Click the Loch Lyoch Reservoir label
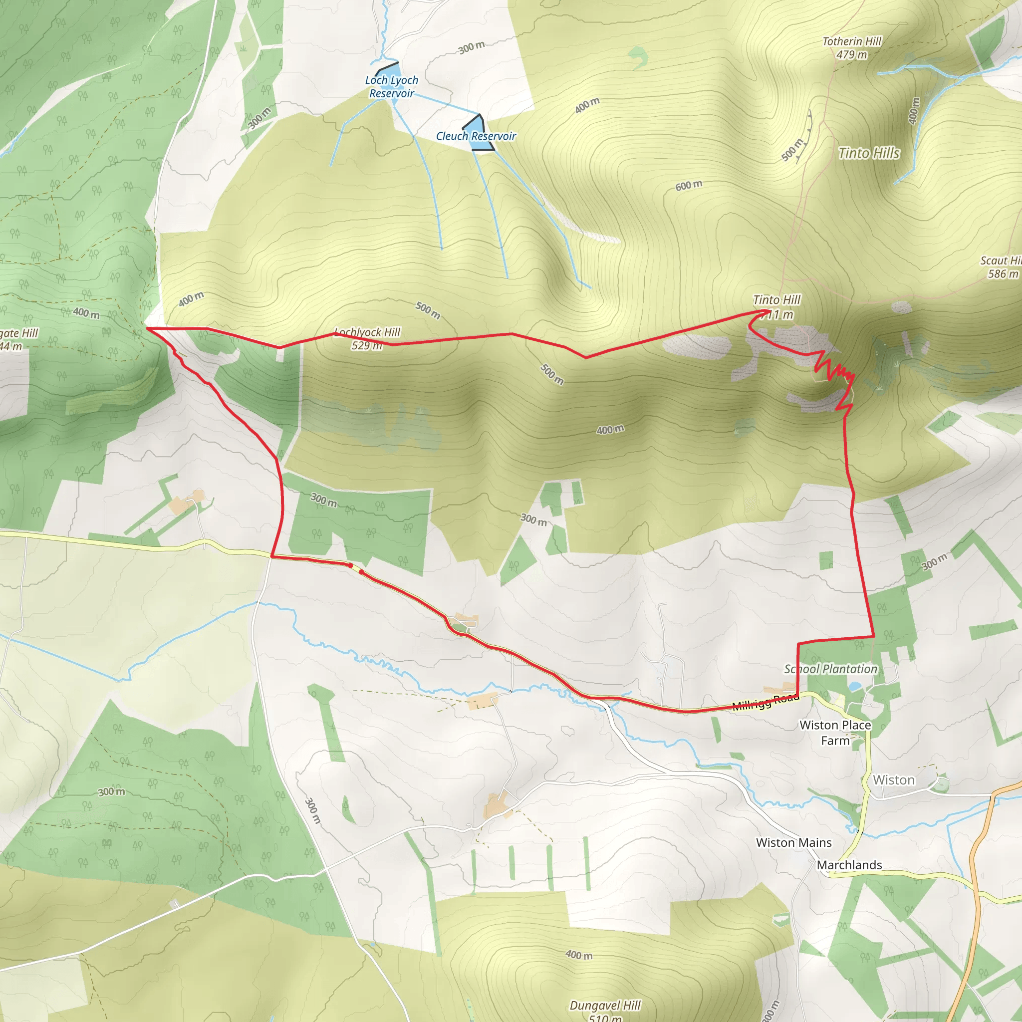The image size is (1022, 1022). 391,87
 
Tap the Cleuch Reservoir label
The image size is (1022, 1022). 476,136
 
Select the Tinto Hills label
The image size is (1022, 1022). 869,153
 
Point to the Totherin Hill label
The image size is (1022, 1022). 852,41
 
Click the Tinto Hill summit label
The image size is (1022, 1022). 776,300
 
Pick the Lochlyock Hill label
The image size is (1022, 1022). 368,332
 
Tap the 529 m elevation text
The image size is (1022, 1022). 367,345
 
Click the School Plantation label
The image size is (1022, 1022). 830,669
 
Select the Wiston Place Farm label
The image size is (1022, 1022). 835,733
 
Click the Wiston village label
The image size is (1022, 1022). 893,780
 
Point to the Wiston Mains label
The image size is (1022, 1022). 793,843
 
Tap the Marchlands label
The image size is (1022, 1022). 849,865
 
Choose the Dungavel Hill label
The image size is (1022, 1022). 605,1005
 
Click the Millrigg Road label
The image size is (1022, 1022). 765,702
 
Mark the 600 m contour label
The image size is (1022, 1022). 689,186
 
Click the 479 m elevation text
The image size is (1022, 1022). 852,54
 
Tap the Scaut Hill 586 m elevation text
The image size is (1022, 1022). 1003,273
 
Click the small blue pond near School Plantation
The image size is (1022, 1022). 854,686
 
